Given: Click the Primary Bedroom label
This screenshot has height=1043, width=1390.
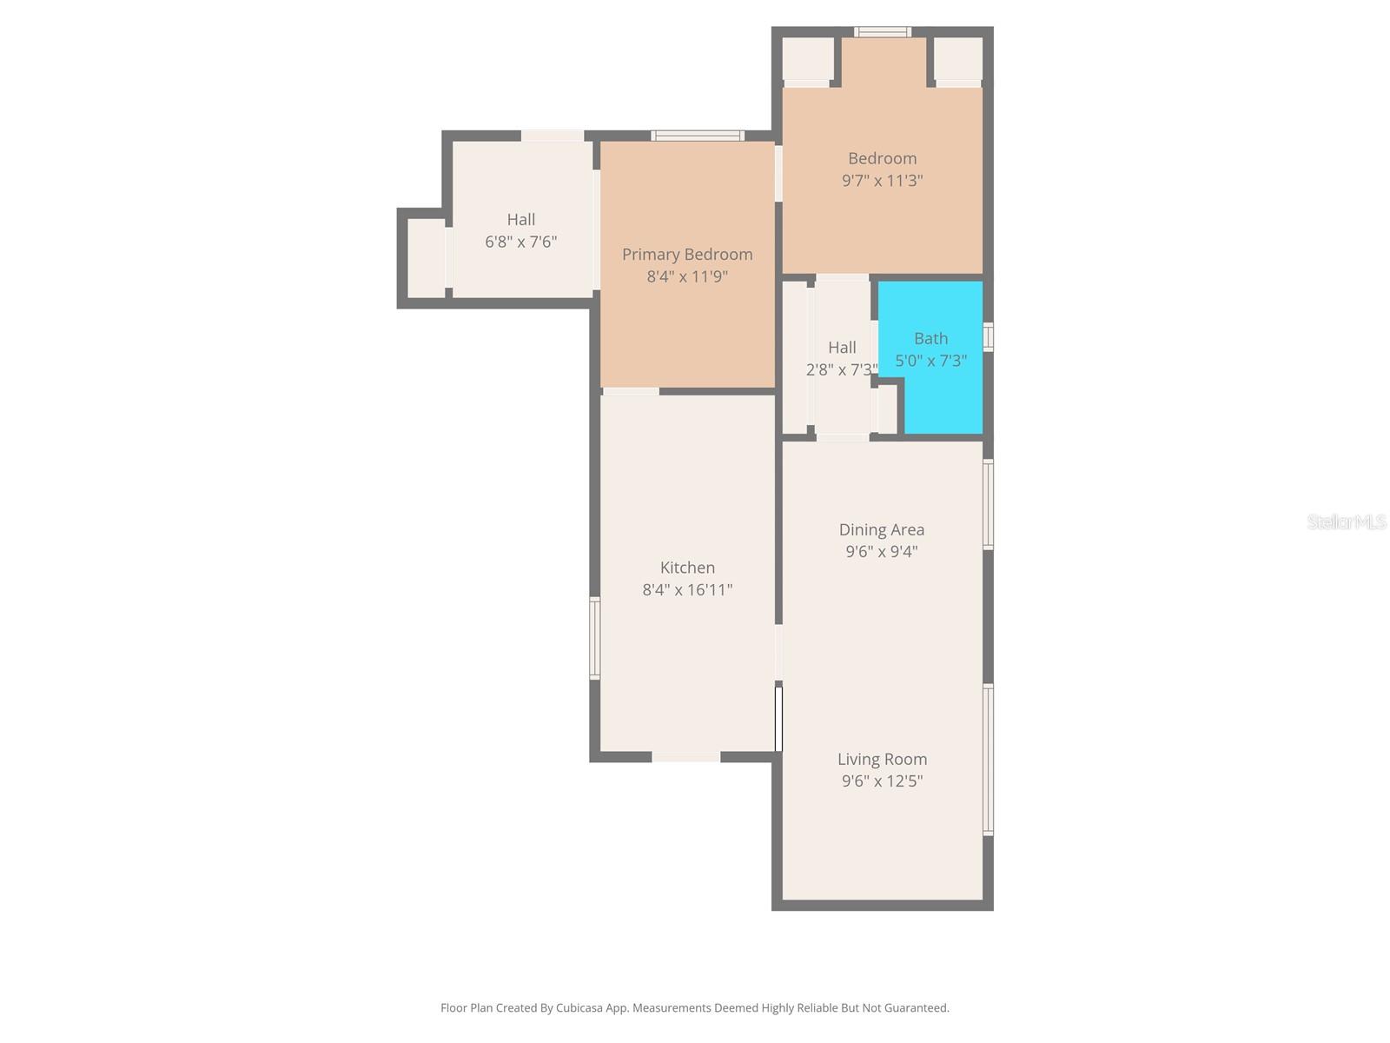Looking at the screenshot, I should pyautogui.click(x=687, y=255).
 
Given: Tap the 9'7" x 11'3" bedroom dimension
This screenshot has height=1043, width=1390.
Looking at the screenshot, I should pyautogui.click(x=882, y=181).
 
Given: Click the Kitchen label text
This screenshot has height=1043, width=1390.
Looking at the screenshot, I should pyautogui.click(x=687, y=568).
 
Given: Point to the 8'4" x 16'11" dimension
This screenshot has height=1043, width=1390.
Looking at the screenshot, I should pyautogui.click(x=687, y=590).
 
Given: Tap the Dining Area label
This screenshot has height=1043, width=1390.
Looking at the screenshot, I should pyautogui.click(x=881, y=529).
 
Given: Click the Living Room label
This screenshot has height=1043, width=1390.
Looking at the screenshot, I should pyautogui.click(x=882, y=759).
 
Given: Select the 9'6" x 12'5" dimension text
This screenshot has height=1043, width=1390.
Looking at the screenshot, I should pyautogui.click(x=882, y=781).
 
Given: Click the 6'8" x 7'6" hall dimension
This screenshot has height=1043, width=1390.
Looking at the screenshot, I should pyautogui.click(x=520, y=242).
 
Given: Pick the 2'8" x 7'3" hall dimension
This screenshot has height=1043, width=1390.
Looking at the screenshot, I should pyautogui.click(x=840, y=369).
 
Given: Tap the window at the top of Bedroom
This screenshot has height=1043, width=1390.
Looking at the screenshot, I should pyautogui.click(x=882, y=32).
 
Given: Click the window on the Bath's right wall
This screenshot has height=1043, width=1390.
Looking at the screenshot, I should pyautogui.click(x=988, y=336).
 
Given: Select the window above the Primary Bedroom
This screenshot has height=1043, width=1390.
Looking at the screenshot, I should pyautogui.click(x=698, y=136).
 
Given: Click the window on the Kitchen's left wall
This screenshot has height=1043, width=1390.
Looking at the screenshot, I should pyautogui.click(x=595, y=637).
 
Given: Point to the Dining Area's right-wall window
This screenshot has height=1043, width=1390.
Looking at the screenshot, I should pyautogui.click(x=988, y=504).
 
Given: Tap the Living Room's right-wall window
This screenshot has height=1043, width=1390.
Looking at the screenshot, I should pyautogui.click(x=988, y=760).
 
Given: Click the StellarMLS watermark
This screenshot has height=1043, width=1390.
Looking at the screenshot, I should pyautogui.click(x=1347, y=521).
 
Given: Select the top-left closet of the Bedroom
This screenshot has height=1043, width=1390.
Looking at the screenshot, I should pyautogui.click(x=808, y=59).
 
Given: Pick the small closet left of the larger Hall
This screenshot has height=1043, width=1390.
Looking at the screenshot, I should pyautogui.click(x=426, y=257).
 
